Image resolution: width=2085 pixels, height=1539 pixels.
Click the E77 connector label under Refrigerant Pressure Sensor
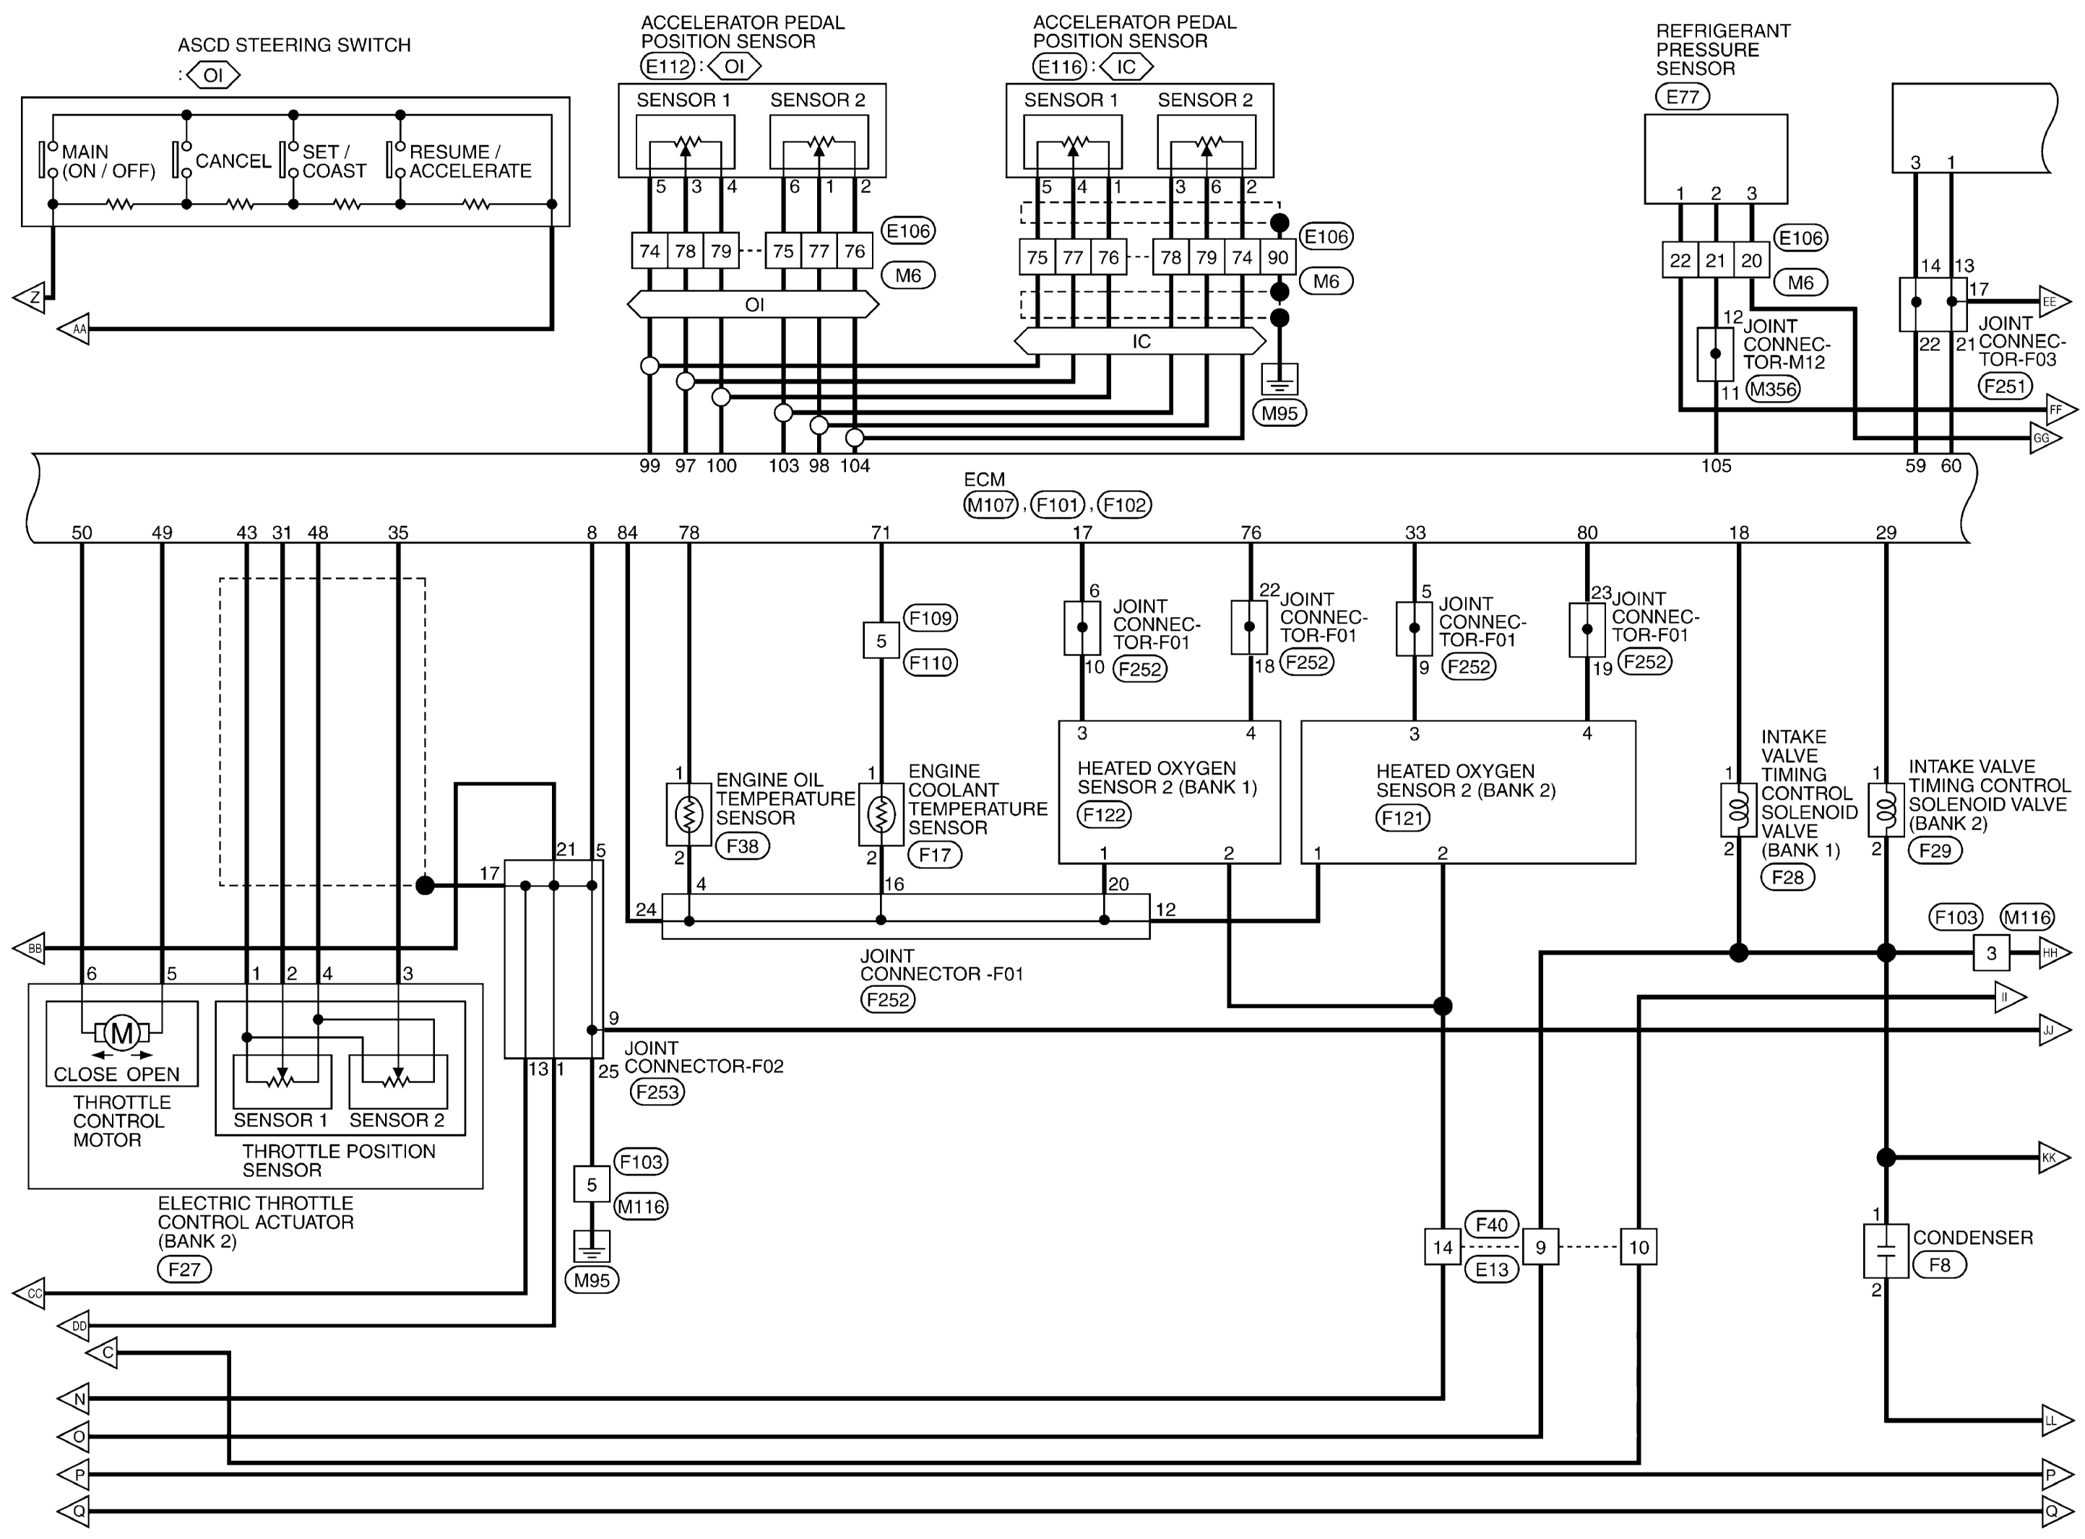1682,96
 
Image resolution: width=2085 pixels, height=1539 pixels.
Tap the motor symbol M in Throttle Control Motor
122,1033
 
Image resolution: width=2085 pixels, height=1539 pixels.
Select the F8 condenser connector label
1939,1265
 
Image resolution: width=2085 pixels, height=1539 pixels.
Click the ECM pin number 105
1715,466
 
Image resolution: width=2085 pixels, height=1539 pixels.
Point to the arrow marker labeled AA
74,329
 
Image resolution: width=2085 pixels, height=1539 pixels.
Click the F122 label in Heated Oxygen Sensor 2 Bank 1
1105,815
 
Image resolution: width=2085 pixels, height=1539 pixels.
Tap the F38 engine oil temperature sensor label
742,846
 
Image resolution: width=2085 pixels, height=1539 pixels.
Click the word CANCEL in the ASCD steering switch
233,161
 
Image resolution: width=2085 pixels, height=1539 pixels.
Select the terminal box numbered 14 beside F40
1443,1247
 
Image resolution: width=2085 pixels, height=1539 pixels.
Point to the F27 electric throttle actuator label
184,1269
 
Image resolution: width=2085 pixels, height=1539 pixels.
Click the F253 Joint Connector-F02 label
657,1092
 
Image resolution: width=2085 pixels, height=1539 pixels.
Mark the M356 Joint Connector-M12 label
1772,389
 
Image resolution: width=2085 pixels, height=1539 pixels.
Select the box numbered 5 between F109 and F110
881,641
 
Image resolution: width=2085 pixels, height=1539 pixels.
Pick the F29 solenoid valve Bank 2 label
1935,850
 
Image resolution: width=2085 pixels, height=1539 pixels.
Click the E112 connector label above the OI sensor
668,66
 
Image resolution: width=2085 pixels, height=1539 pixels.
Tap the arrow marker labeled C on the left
103,1353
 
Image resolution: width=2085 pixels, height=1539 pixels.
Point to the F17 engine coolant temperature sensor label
934,854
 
